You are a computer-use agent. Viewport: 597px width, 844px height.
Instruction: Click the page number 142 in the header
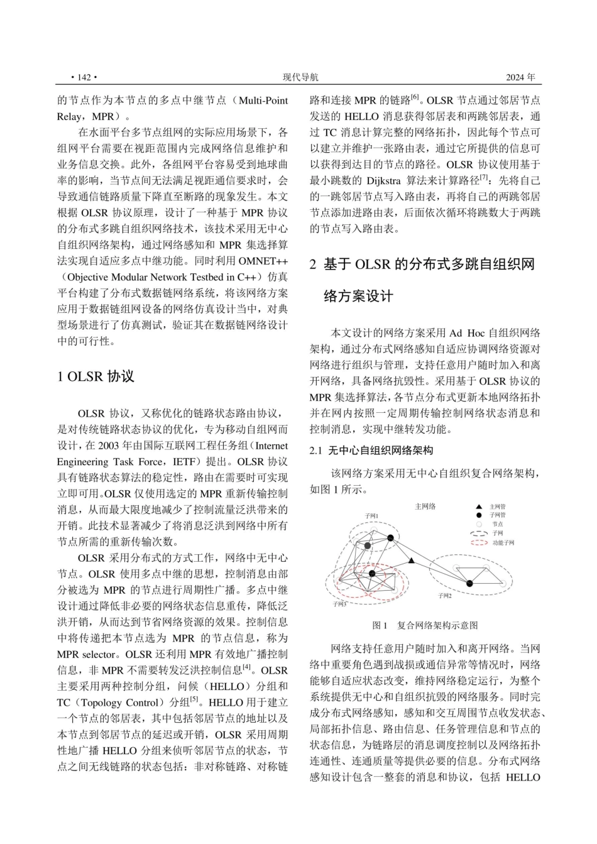click(84, 77)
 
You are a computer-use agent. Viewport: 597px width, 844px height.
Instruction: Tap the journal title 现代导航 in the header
click(300, 77)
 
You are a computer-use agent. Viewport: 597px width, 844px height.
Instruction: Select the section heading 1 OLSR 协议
click(96, 376)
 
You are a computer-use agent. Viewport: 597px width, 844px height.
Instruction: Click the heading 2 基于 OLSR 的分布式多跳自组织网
click(422, 265)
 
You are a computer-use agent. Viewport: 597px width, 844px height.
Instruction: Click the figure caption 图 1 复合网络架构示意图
click(425, 625)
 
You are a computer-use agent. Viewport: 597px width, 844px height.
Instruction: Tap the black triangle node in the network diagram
click(412, 561)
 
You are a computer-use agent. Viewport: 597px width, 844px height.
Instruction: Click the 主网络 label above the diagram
click(425, 507)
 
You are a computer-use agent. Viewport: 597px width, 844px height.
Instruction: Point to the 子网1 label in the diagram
click(371, 516)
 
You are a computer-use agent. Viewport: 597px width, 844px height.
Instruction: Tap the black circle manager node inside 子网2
click(469, 584)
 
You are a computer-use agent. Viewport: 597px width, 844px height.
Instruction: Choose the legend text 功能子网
click(503, 542)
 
